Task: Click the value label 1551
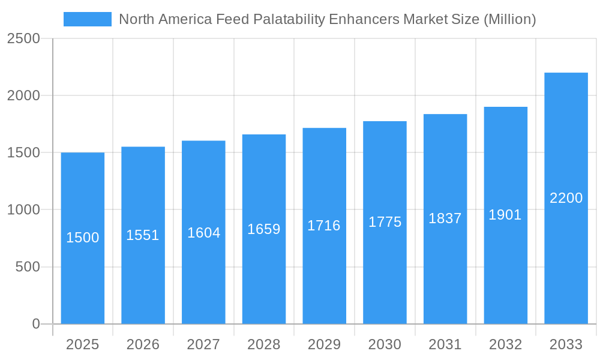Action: [x=143, y=235]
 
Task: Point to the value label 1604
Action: [x=203, y=233]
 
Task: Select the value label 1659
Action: [x=264, y=229]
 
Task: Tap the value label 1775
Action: [x=385, y=222]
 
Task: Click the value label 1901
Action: [x=505, y=215]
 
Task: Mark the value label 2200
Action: [x=566, y=198]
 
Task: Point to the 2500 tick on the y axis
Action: [x=23, y=39]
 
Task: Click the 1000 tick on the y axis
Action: [x=23, y=210]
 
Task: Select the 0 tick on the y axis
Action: [x=35, y=324]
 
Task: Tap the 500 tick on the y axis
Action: [x=28, y=267]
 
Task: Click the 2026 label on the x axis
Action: [x=143, y=344]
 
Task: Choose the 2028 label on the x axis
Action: [x=264, y=344]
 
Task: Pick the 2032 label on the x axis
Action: [x=505, y=344]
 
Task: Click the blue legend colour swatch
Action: [x=87, y=19]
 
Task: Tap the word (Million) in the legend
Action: [x=509, y=19]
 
